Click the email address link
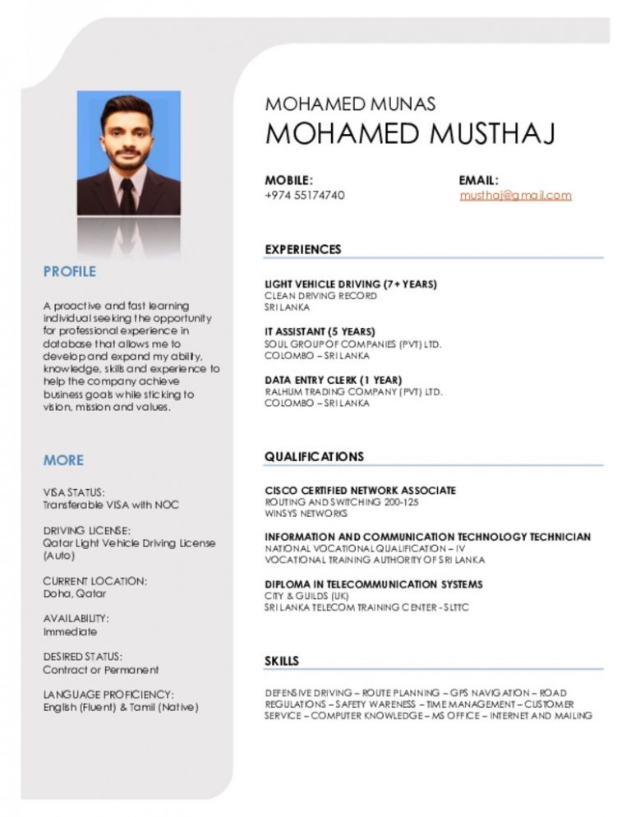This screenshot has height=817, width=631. click(x=515, y=196)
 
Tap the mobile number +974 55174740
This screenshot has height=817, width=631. click(x=304, y=196)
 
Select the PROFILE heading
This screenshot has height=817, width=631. click(x=70, y=271)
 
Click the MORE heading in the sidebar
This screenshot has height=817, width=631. click(x=63, y=459)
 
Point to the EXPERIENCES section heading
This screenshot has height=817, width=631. click(x=302, y=249)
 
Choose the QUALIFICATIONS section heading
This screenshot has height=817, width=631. click(x=314, y=456)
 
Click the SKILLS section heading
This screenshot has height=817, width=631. click(x=282, y=661)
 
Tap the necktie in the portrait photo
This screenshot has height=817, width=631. click(x=127, y=195)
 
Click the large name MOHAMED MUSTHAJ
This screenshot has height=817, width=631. click(x=410, y=133)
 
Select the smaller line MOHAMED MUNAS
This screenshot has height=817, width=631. click(x=350, y=104)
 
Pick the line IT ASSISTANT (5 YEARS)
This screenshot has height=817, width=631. click(x=320, y=332)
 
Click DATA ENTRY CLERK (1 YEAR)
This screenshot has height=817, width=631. click(x=333, y=380)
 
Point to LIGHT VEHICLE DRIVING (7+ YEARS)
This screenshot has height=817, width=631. click(x=351, y=284)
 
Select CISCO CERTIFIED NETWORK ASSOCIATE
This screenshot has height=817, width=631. click(x=360, y=491)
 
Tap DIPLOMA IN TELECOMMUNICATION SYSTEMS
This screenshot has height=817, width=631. click(x=373, y=584)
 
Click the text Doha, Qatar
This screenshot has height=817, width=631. click(x=75, y=593)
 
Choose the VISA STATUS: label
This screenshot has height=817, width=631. click(x=74, y=492)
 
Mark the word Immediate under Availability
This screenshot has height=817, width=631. click(x=70, y=632)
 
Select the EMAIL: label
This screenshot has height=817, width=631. click(x=479, y=179)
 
